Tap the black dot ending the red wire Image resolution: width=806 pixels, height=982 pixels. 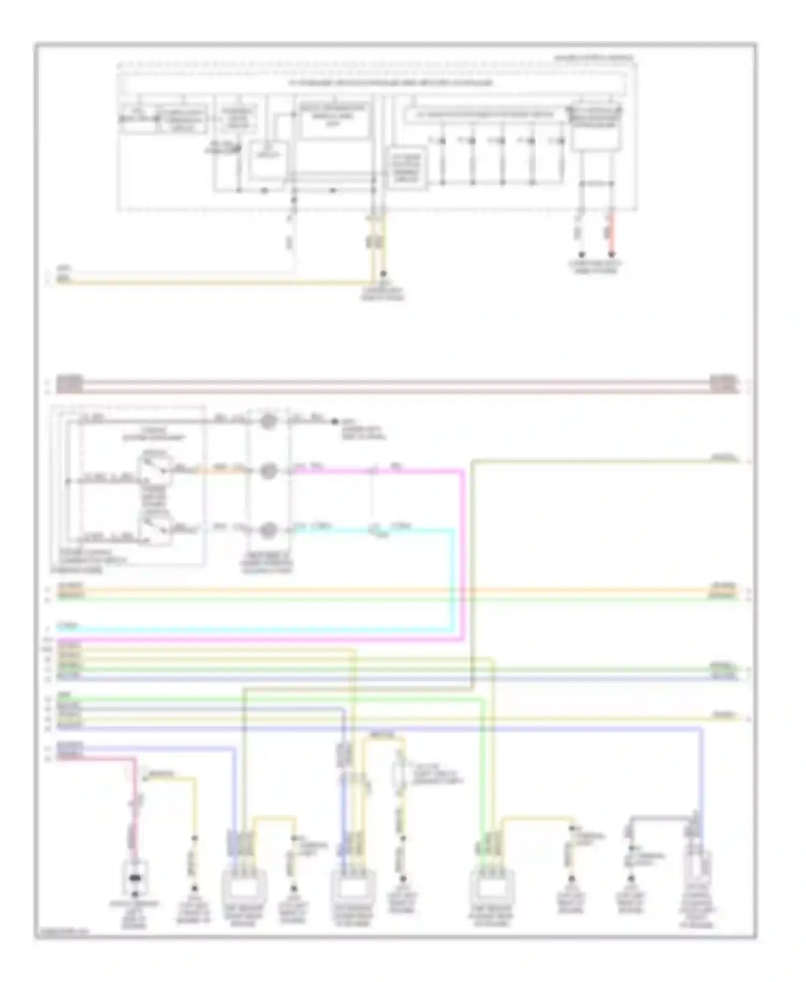pyautogui.click(x=611, y=255)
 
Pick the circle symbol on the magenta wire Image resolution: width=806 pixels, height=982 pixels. pyautogui.click(x=268, y=471)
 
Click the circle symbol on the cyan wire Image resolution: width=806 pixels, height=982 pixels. pyautogui.click(x=268, y=531)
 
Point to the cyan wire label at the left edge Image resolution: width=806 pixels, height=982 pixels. pyautogui.click(x=69, y=626)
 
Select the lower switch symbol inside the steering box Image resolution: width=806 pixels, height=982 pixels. pyautogui.click(x=154, y=529)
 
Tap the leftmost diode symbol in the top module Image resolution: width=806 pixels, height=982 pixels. pyautogui.click(x=442, y=141)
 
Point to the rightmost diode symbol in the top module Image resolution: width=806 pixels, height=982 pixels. pyautogui.click(x=560, y=141)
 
